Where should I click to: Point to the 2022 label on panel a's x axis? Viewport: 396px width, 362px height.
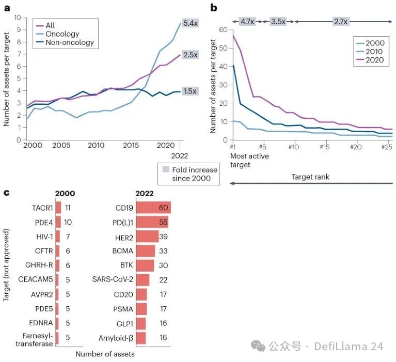[x=180, y=155]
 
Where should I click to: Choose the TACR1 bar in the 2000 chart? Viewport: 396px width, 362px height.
[x=58, y=207]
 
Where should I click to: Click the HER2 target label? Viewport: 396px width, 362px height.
[x=124, y=237]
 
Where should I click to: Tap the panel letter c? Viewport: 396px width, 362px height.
[x=6, y=193]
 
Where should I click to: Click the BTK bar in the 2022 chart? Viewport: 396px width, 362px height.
[x=145, y=265]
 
